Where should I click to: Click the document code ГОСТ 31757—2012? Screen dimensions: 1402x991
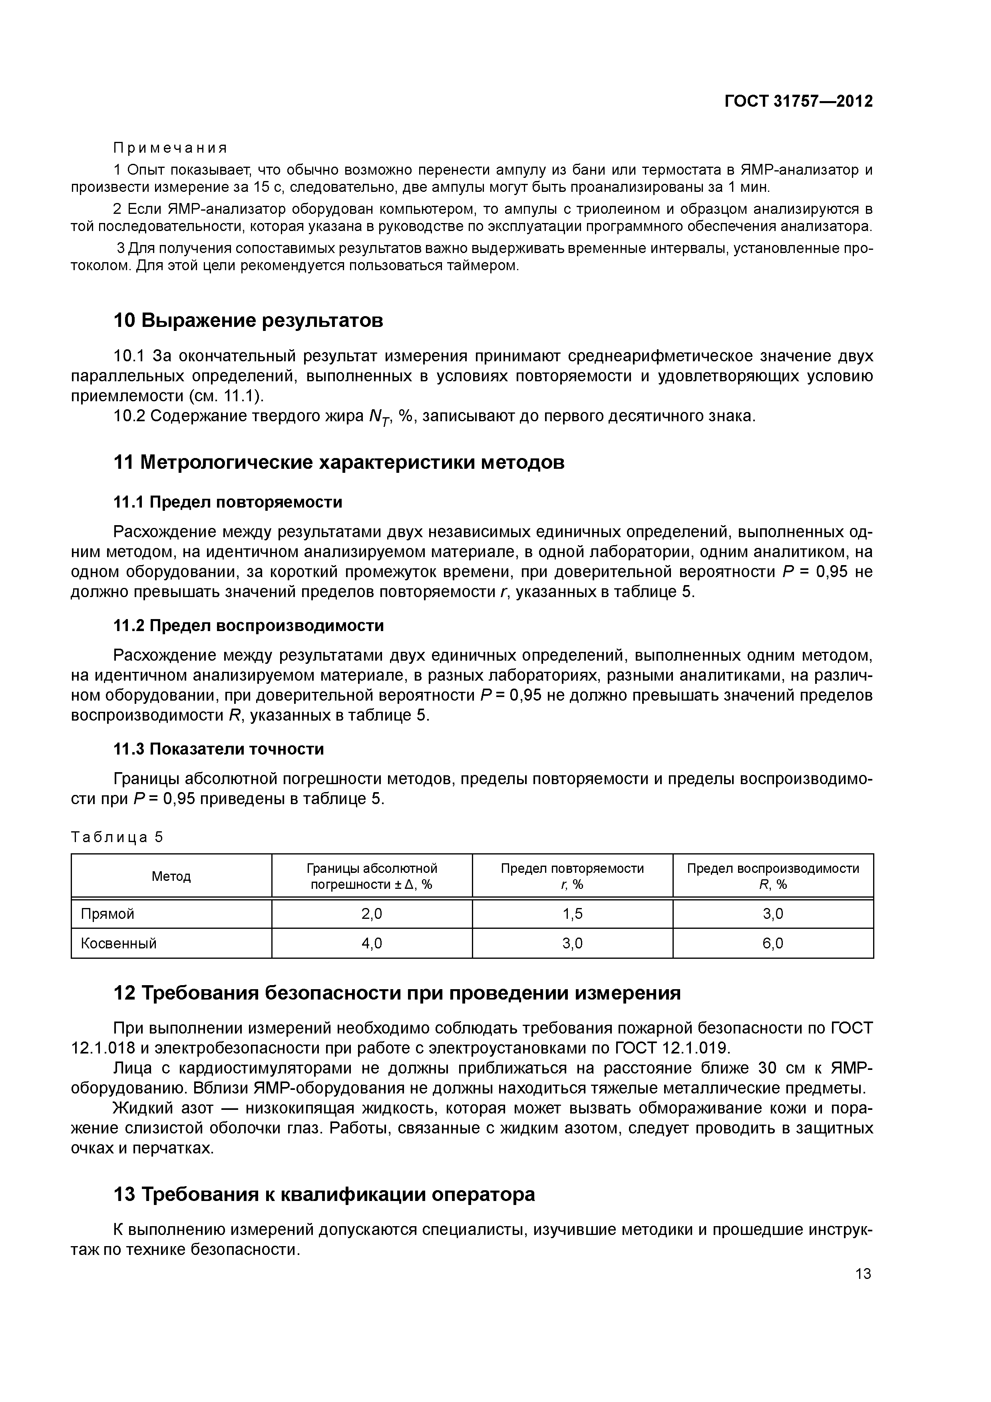[x=798, y=102]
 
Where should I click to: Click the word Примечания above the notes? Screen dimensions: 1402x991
[x=170, y=148]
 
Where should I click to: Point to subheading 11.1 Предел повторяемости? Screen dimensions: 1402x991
[x=228, y=502]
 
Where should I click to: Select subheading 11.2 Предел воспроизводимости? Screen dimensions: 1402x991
[x=249, y=625]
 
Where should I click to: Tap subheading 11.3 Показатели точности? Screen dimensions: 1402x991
[x=219, y=749]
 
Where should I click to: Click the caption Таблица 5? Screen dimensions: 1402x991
[x=117, y=837]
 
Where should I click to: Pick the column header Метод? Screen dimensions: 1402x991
[x=171, y=876]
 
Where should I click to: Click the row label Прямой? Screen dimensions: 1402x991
[x=107, y=914]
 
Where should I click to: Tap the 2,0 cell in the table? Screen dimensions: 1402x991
[x=372, y=914]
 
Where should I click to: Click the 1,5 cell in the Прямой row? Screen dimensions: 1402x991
[x=572, y=914]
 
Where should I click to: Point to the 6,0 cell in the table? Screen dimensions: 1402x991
[x=772, y=944]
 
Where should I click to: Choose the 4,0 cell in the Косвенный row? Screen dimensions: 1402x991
[x=372, y=944]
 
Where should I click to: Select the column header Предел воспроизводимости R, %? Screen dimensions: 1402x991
[x=772, y=876]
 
